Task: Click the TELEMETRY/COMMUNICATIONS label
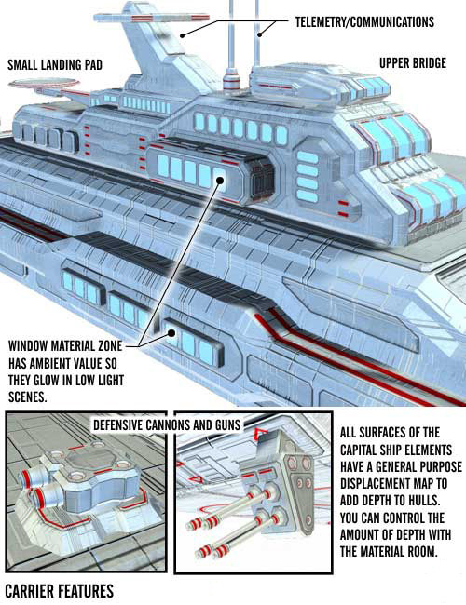tap(364, 22)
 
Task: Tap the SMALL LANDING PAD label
tap(55, 64)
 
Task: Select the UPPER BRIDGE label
tap(413, 63)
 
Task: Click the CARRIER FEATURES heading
tap(60, 591)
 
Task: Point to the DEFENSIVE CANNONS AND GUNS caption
tap(167, 424)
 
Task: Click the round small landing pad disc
tap(44, 84)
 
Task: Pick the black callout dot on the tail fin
tap(182, 35)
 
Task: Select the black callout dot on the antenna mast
tap(260, 34)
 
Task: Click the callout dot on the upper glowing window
tap(220, 180)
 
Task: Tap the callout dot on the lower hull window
tap(171, 332)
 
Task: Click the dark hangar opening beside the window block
tap(262, 181)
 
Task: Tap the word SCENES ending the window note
tap(28, 397)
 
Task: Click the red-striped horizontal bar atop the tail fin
tap(152, 18)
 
